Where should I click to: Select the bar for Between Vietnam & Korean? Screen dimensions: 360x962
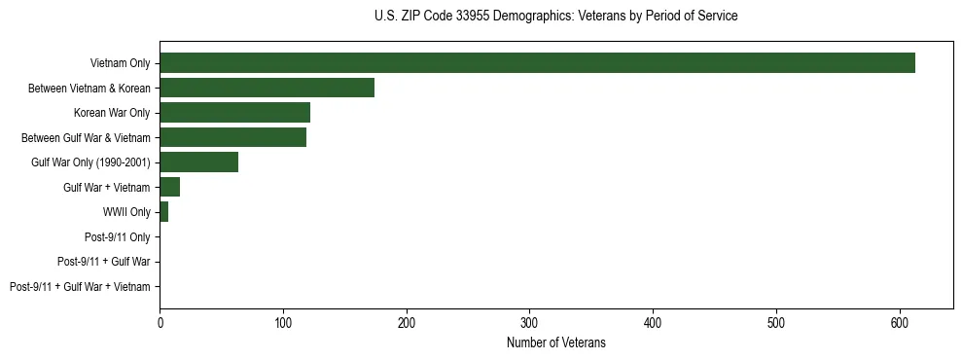(267, 89)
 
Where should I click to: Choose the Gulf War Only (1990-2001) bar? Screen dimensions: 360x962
(198, 162)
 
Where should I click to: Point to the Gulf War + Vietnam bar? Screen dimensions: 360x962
(169, 187)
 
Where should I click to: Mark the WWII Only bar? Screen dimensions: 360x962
(163, 212)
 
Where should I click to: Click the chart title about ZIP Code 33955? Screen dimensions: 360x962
(555, 17)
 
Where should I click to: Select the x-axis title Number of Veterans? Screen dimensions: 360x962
(555, 342)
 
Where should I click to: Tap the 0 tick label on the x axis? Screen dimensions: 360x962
(160, 322)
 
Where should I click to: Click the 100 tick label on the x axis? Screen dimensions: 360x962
(283, 322)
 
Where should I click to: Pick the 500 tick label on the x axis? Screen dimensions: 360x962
(776, 322)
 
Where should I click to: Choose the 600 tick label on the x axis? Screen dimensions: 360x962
(900, 322)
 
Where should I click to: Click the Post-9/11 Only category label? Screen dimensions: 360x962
(118, 236)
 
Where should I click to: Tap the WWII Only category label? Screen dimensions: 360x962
(126, 212)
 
